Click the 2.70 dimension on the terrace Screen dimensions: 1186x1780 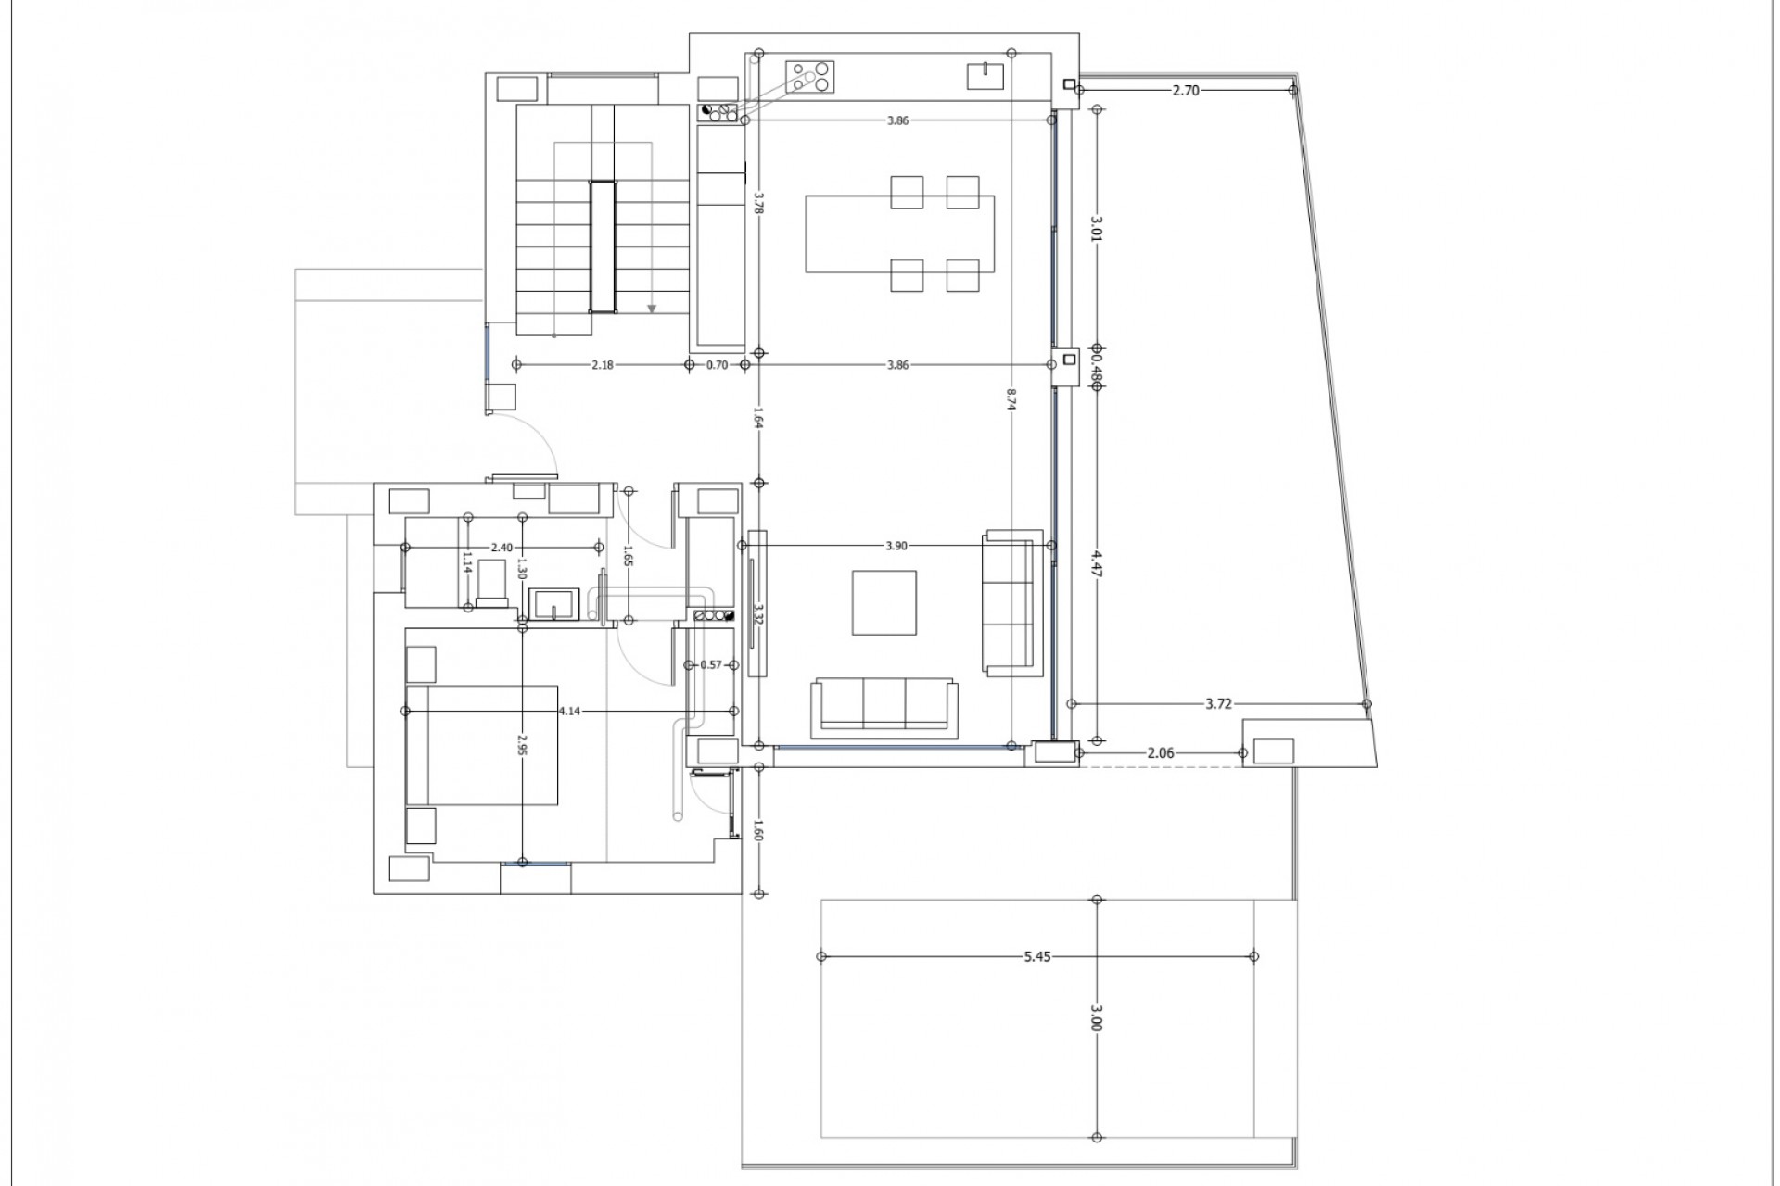(1186, 90)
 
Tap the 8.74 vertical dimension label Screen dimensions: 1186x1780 (1011, 398)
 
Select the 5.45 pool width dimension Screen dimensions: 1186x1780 (1037, 957)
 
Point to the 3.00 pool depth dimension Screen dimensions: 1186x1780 (1097, 1018)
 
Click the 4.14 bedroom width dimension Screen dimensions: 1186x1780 (569, 711)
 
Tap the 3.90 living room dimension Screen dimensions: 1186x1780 (896, 546)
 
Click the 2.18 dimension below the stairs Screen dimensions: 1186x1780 (603, 365)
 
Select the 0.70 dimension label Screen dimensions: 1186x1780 (717, 365)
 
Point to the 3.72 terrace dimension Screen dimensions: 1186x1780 (1218, 704)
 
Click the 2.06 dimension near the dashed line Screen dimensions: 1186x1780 (1160, 753)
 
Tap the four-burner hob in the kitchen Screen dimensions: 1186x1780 (809, 76)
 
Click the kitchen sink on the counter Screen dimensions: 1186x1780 (985, 75)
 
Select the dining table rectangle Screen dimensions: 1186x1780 (899, 233)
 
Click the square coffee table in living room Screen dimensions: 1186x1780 (884, 602)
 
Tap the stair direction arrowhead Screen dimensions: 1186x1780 (653, 309)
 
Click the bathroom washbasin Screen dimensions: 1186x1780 (553, 604)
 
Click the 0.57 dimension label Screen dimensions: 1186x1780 (711, 664)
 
